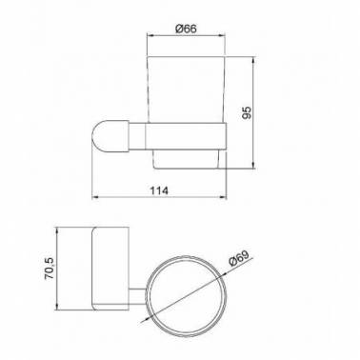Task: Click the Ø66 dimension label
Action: [x=186, y=29]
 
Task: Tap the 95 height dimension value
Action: [x=247, y=112]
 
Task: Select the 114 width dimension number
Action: [x=159, y=190]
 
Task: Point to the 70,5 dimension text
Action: [x=50, y=269]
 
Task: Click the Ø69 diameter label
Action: [x=240, y=259]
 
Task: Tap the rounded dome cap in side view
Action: [x=110, y=136]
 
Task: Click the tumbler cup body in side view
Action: [x=187, y=90]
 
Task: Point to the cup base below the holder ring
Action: [x=187, y=159]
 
